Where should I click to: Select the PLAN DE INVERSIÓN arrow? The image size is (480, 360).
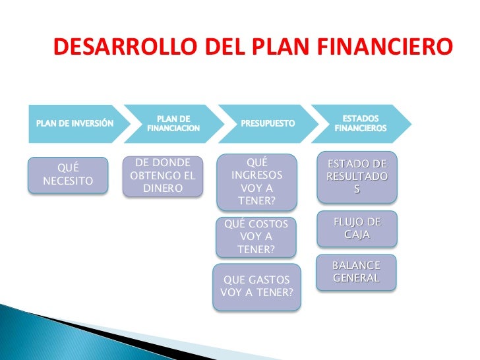[74, 123]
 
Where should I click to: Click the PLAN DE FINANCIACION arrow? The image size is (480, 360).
[173, 123]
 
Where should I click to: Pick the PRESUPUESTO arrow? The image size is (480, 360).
[267, 123]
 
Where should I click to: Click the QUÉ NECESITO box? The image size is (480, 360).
[68, 175]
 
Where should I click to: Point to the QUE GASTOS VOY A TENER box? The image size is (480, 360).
[257, 287]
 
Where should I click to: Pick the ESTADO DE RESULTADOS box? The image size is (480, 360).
[357, 177]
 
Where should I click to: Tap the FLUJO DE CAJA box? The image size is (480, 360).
[357, 228]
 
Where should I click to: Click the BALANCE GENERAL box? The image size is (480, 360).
[356, 272]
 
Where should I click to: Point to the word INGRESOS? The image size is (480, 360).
[257, 176]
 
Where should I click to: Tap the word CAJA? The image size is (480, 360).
[357, 235]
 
